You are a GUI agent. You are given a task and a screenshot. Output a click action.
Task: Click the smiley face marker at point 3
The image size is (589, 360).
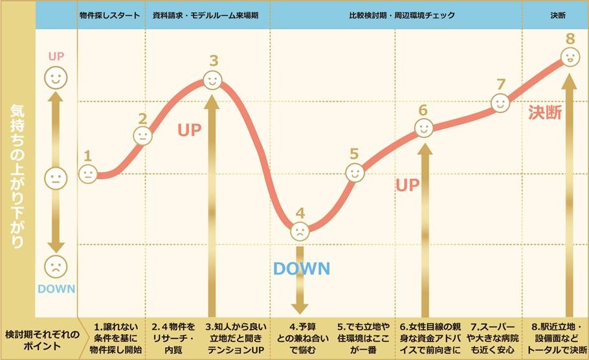click(213, 80)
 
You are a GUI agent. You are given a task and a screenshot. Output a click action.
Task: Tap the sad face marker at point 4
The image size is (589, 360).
click(300, 231)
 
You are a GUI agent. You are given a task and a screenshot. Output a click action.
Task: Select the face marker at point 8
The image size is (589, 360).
click(570, 58)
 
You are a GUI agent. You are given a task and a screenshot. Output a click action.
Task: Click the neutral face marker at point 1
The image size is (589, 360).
click(88, 173)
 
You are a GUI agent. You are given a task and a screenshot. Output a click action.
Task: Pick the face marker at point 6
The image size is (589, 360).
click(423, 128)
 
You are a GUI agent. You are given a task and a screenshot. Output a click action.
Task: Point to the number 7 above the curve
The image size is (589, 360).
click(500, 84)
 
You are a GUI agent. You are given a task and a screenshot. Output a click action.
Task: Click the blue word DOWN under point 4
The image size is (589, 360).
click(302, 268)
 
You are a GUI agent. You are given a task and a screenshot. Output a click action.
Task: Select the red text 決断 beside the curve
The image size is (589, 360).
click(545, 112)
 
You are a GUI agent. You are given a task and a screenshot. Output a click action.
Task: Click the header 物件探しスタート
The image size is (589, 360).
click(109, 14)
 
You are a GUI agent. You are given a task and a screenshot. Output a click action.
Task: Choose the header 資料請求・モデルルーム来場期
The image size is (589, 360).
click(206, 14)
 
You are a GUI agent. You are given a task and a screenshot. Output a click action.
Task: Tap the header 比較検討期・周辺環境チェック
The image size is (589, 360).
click(397, 14)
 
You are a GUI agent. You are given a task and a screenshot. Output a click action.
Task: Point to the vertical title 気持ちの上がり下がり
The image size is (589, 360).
click(17, 175)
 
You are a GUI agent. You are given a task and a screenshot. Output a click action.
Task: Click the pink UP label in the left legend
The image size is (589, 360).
click(56, 56)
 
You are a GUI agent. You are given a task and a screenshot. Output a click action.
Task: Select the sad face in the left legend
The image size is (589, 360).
click(56, 265)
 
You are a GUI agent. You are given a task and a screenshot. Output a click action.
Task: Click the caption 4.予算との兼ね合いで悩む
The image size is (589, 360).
click(301, 337)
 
